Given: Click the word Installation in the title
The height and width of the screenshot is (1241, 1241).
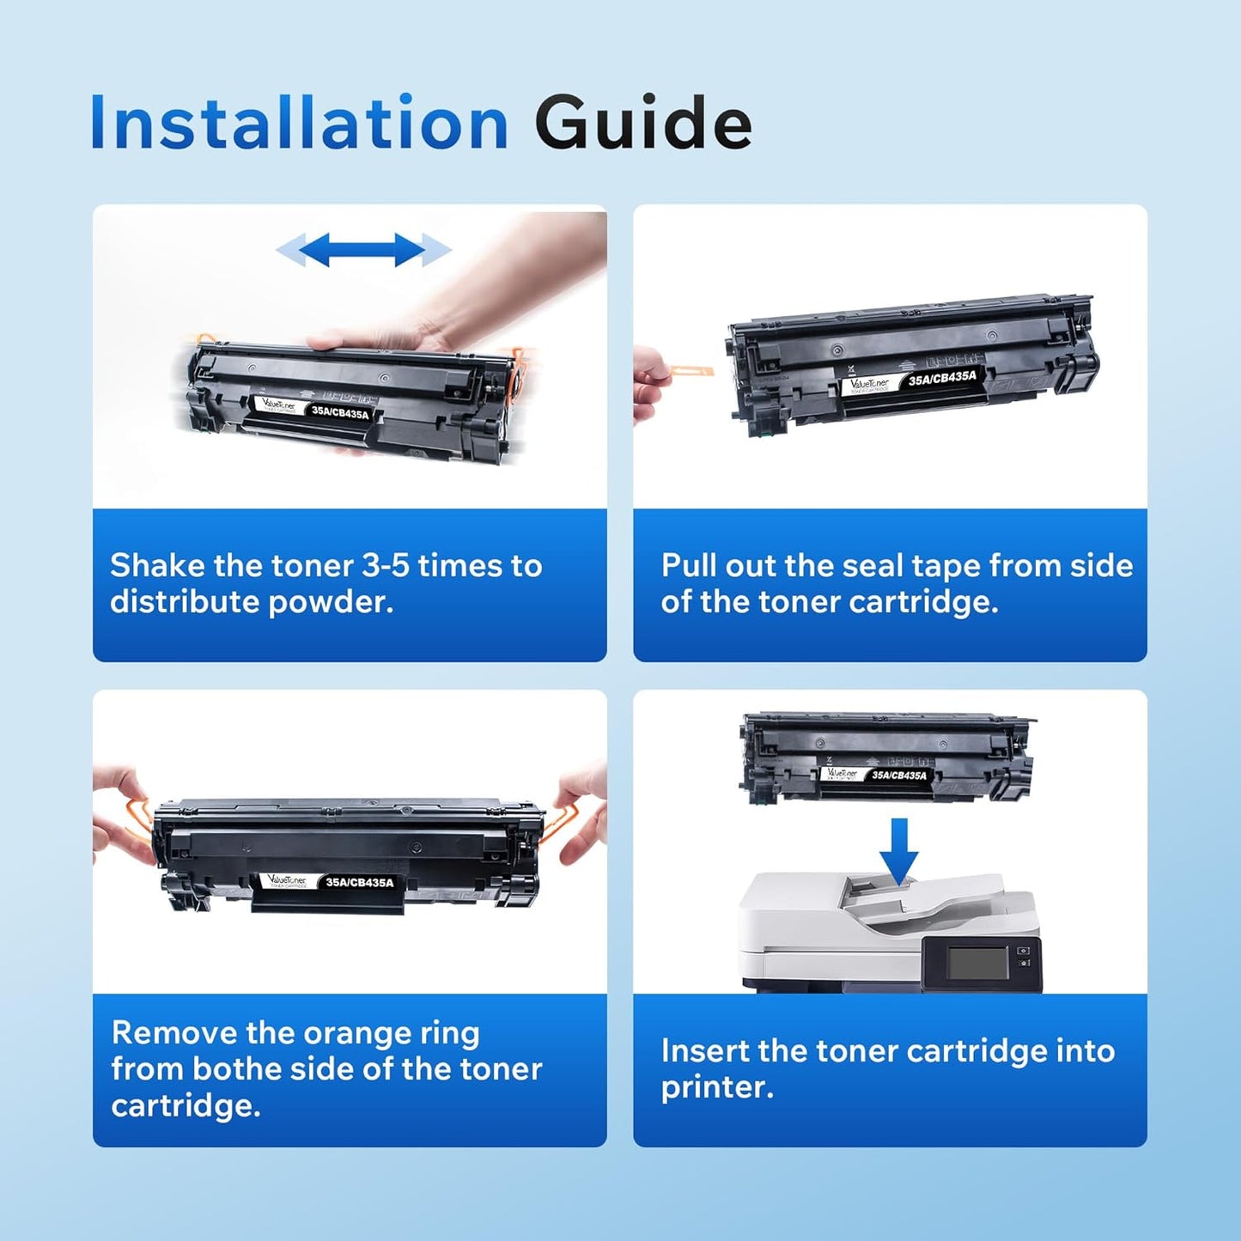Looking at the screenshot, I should tap(299, 124).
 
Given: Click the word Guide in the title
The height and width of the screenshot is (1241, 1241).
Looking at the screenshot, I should tap(642, 124).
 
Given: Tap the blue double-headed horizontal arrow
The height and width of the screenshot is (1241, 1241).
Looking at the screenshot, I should tap(362, 250).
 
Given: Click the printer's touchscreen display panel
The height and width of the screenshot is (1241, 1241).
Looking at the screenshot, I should tap(977, 964).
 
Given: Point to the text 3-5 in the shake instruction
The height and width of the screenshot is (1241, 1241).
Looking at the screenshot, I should tap(386, 566).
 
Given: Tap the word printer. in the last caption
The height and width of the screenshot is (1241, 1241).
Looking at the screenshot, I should tap(716, 1087).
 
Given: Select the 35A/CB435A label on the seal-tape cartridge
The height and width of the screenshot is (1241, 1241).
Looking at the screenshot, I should tap(942, 378).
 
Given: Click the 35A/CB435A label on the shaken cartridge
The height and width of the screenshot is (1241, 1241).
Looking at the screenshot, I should tap(340, 413).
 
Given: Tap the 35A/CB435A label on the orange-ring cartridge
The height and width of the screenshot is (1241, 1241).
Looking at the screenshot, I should tap(359, 882).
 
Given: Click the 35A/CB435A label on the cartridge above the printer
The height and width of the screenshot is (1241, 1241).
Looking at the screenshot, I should tap(898, 776).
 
